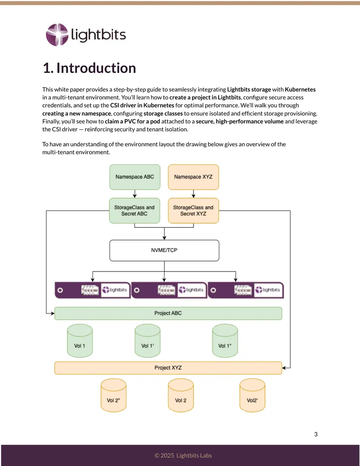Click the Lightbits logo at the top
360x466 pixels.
(x=86, y=35)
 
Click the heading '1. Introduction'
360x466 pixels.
(x=90, y=68)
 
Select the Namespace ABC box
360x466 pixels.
(x=135, y=177)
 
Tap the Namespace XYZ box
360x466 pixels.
(x=193, y=177)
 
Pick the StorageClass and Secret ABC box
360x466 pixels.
(x=135, y=211)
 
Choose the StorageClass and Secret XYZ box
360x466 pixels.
(x=193, y=211)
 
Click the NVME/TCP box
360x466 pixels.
(x=164, y=250)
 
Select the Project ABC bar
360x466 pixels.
(x=168, y=313)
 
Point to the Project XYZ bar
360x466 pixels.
(x=168, y=368)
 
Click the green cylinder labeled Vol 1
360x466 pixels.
(x=80, y=340)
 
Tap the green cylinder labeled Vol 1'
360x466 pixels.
(x=148, y=340)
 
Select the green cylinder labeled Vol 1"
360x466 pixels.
(x=225, y=340)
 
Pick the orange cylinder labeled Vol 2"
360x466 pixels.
(x=113, y=395)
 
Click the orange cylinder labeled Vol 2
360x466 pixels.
(x=181, y=395)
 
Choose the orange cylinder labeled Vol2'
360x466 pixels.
(x=252, y=395)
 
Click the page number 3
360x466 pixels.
(x=316, y=434)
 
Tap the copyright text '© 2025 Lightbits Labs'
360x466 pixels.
(x=183, y=455)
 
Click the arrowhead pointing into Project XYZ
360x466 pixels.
(x=284, y=368)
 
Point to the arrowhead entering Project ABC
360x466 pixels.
(x=53, y=313)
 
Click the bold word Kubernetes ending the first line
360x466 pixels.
(x=300, y=90)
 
